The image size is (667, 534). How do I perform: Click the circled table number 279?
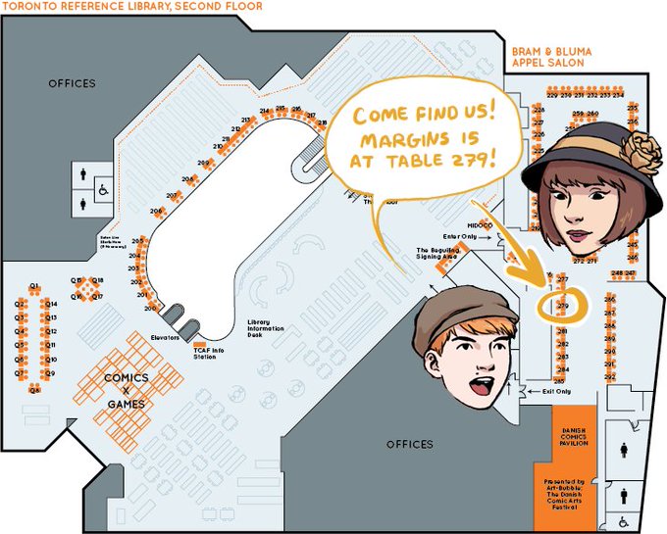coord(562,307)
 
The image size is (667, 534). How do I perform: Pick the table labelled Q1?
coord(34,285)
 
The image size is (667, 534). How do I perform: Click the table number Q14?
coord(53,304)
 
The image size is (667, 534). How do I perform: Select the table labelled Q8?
coord(34,389)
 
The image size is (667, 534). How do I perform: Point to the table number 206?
coord(156,212)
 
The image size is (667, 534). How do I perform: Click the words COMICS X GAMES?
coord(127,390)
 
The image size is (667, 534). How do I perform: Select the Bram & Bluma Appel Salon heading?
coord(547,55)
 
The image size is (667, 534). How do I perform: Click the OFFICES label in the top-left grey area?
coord(73,83)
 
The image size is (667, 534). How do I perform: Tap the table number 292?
coord(609,377)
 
